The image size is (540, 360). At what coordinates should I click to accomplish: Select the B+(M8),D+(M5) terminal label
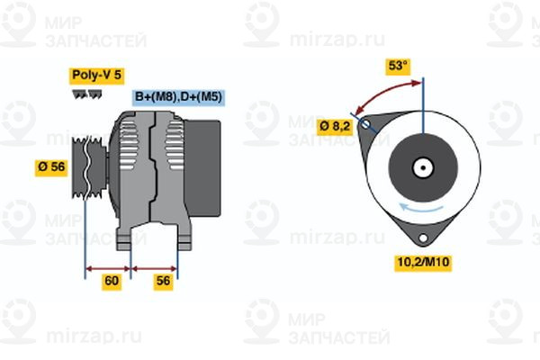pos(178,97)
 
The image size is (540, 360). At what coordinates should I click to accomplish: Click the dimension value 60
pos(112,282)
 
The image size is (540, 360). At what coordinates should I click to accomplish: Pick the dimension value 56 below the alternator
pos(163,282)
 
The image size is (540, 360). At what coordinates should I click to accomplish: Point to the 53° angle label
pos(397,66)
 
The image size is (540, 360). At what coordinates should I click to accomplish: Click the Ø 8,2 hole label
pos(335,125)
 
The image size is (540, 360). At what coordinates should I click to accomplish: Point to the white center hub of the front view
pos(421,167)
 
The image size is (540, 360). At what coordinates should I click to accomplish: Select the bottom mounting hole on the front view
pos(422,238)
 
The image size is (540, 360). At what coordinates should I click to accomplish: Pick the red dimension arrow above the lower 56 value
pos(155,267)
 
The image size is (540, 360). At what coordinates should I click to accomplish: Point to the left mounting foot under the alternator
pos(126,238)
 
